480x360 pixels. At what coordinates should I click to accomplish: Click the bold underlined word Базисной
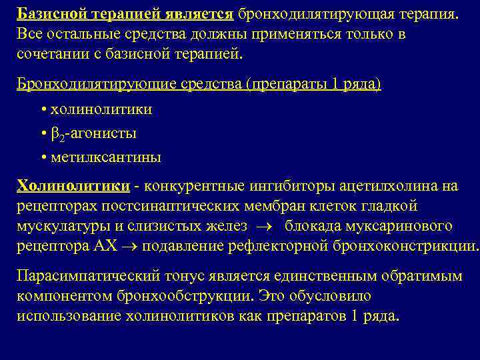coord(51,15)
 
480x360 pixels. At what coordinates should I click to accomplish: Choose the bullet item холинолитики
coord(101,109)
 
